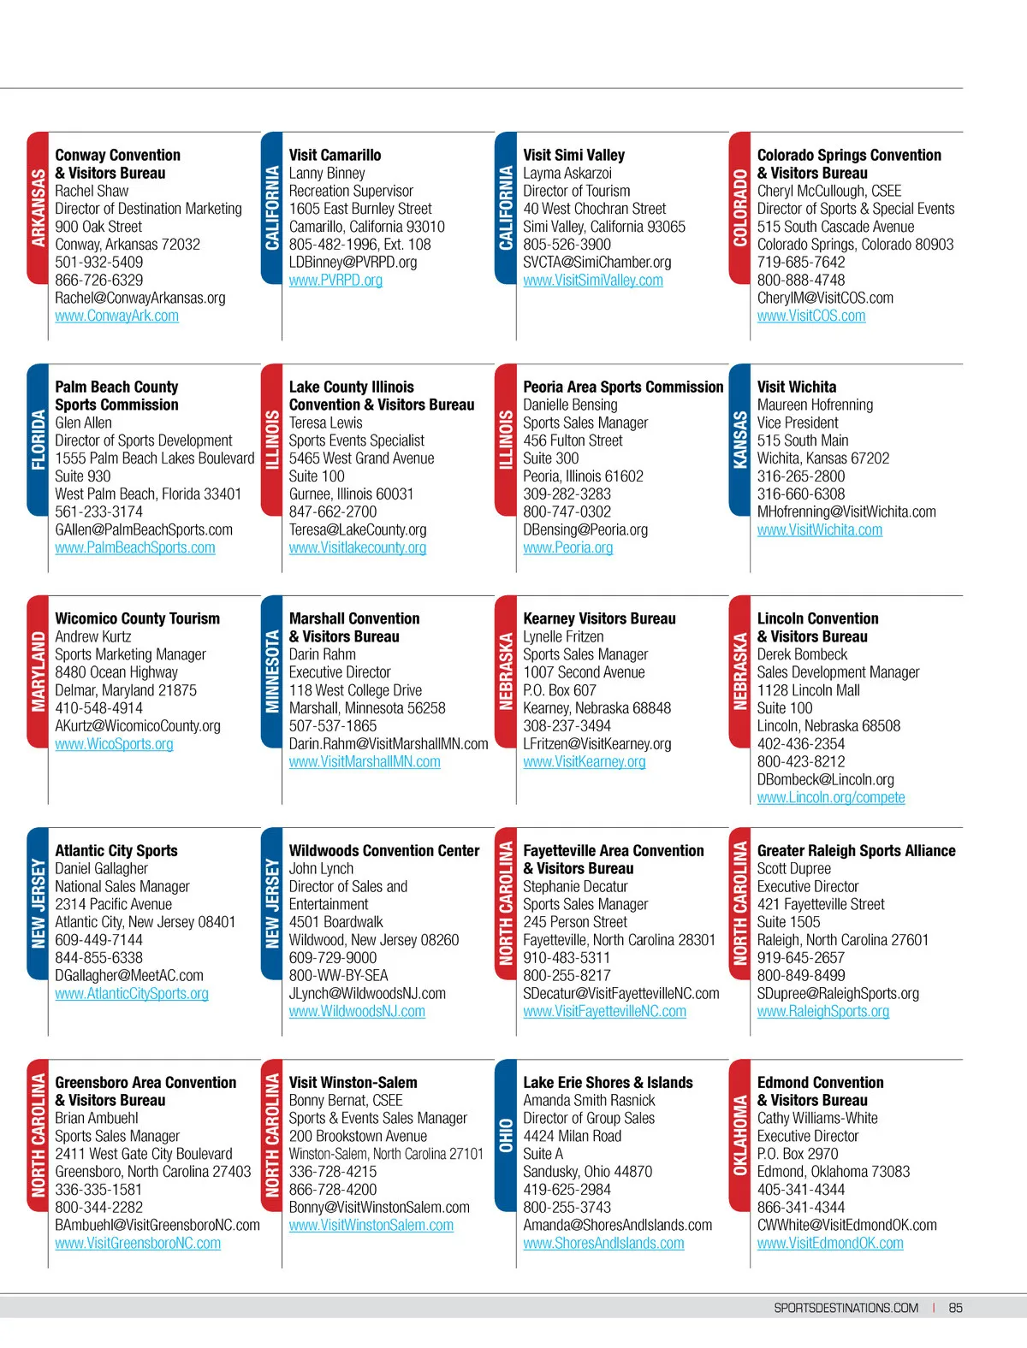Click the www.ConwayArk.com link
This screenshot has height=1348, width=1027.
[x=116, y=316]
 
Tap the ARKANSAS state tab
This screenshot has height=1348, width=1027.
[x=39, y=208]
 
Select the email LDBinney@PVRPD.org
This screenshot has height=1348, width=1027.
[x=353, y=262]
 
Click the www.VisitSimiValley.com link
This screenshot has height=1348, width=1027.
[x=592, y=280]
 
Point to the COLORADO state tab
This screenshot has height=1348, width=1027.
[x=740, y=208]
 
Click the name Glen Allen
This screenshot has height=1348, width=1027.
[x=83, y=423]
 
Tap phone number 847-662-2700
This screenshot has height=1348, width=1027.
[x=332, y=511]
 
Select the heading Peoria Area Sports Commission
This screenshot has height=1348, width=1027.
[x=623, y=387]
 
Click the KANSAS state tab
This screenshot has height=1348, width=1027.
[x=740, y=440]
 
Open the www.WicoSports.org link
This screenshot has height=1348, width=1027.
[x=114, y=744]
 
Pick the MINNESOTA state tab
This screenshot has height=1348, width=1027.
[x=272, y=671]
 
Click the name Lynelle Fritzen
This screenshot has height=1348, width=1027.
[x=563, y=636]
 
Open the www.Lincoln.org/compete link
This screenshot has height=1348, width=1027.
[x=830, y=797]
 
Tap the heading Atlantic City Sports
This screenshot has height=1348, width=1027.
[x=116, y=850]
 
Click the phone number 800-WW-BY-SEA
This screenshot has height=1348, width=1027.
[x=338, y=975]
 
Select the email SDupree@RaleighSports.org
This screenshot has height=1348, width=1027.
[x=838, y=993]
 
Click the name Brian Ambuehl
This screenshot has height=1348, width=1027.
[x=96, y=1118]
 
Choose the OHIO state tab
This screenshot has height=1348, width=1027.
[x=506, y=1135]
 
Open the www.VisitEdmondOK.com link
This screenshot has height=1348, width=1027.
[x=829, y=1243]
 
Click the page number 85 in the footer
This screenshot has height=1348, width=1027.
[x=955, y=1308]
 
